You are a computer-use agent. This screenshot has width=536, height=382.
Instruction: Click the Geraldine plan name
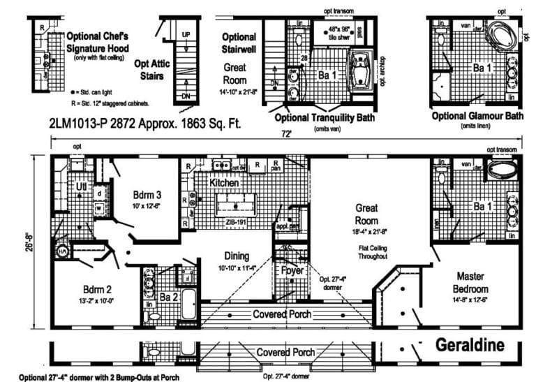[x=479, y=345]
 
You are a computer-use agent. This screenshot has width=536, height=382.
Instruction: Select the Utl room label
[x=81, y=187]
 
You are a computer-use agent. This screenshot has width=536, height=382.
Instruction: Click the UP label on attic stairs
[x=186, y=34]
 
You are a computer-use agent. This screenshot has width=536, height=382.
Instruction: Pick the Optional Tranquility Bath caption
[x=325, y=117]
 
